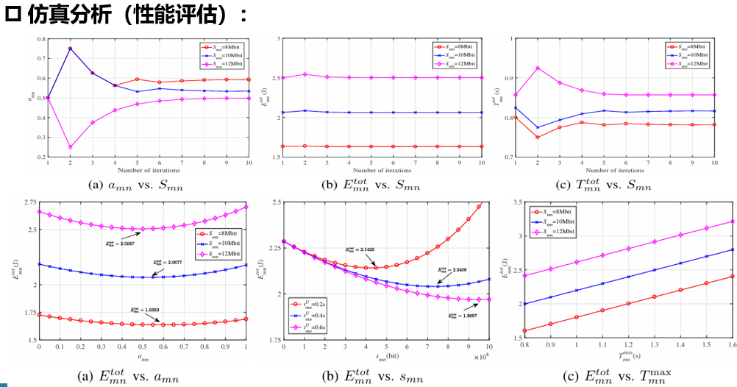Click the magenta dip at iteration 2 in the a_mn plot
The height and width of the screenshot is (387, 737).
(70, 147)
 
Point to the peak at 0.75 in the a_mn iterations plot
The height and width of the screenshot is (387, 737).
(70, 49)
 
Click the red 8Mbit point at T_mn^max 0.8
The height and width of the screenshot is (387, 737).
(524, 330)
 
